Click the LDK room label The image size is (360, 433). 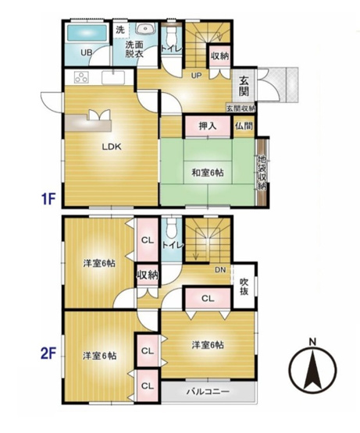[109, 146]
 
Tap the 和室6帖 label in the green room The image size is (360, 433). [208, 172]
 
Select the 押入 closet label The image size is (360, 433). [206, 125]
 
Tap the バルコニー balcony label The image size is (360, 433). [206, 391]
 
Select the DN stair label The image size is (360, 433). [221, 271]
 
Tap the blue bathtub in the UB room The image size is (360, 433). [86, 34]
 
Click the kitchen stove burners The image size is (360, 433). [80, 77]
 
